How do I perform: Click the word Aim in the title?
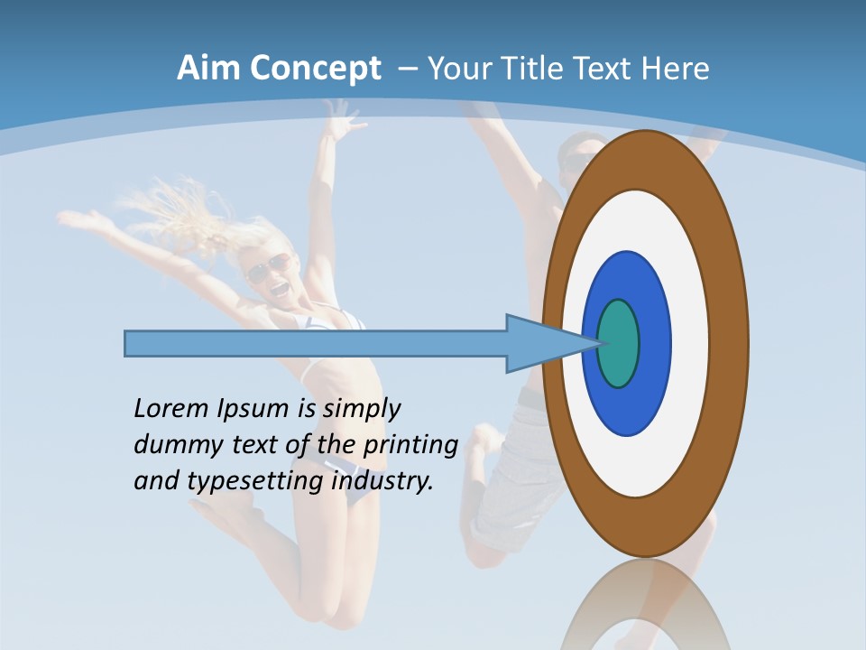207,69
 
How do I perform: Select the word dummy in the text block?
170,444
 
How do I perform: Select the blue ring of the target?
653,344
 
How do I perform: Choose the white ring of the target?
690,344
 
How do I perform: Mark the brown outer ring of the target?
731,344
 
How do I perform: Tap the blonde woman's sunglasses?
268,267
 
